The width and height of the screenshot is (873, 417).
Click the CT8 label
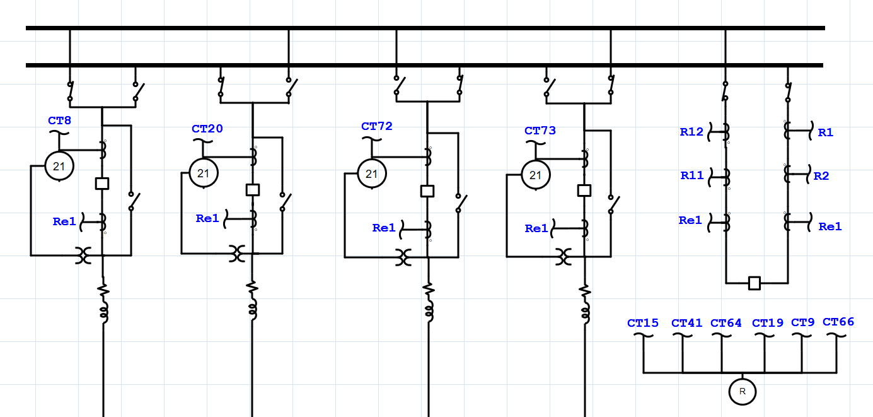(59, 120)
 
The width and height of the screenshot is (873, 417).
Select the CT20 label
(207, 129)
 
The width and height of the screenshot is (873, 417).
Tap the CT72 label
(376, 126)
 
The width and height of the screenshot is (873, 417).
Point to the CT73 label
(540, 131)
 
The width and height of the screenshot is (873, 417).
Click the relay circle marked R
(742, 392)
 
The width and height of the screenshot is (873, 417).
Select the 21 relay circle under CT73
(535, 175)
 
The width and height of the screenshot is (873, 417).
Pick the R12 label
(691, 132)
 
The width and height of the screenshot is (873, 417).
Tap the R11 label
(691, 176)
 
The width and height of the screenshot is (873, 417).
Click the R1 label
(825, 132)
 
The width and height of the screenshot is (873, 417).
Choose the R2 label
(821, 176)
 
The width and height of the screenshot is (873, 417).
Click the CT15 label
(643, 323)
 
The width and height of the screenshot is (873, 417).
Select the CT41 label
(686, 324)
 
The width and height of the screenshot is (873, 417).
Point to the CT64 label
(726, 324)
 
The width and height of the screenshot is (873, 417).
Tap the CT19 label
(768, 324)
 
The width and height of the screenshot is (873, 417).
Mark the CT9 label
(802, 322)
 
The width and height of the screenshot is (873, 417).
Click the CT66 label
(838, 322)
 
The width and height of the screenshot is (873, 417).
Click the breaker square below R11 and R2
(754, 283)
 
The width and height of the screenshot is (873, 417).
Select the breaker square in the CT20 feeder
(253, 190)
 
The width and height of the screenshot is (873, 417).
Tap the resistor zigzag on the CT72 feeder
(429, 290)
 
